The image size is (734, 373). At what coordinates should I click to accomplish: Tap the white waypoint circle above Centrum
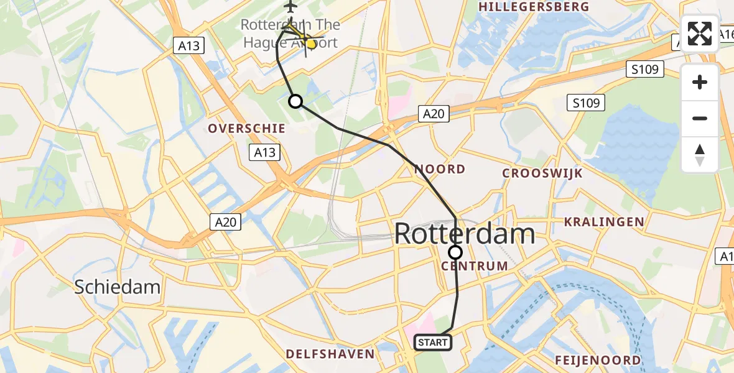(455, 252)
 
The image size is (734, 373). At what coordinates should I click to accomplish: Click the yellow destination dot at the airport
(312, 43)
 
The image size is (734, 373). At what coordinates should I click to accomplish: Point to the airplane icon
(290, 7)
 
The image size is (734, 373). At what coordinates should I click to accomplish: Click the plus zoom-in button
(700, 82)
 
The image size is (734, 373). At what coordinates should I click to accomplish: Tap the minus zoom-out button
(700, 118)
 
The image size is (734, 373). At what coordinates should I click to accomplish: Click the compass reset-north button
(700, 154)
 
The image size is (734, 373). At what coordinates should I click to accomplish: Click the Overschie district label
(247, 129)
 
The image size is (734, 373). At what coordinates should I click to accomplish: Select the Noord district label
(440, 169)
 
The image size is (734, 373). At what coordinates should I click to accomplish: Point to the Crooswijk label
(542, 173)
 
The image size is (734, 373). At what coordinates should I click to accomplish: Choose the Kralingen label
(603, 222)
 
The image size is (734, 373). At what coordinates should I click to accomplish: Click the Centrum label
(475, 266)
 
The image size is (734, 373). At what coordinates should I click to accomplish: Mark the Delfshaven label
(330, 354)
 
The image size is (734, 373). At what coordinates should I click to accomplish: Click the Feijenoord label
(598, 360)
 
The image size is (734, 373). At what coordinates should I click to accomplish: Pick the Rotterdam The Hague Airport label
(290, 34)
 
